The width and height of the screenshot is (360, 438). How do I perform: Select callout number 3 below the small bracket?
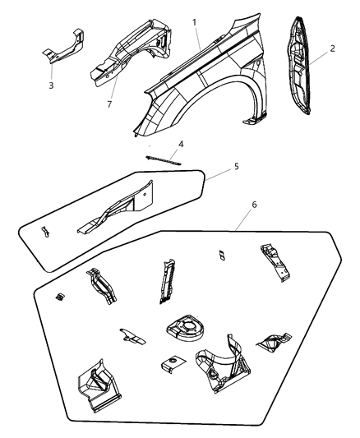[x=52, y=84]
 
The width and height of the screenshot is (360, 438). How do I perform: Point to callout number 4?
[x=181, y=145]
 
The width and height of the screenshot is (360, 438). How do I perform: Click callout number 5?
[x=237, y=167]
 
